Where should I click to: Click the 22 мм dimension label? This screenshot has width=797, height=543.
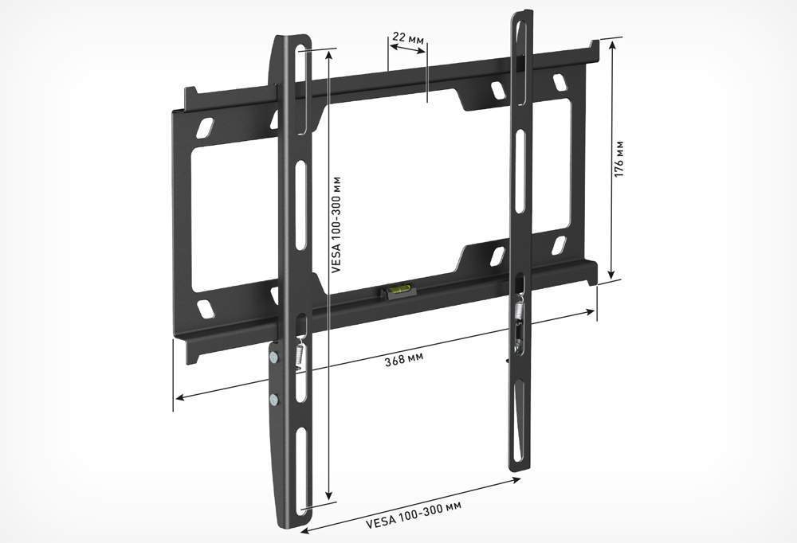point(407,37)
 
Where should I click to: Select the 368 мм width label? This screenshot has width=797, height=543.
point(404,358)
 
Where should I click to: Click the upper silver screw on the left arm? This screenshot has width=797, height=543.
point(274,357)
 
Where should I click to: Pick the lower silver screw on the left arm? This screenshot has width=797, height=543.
point(274,399)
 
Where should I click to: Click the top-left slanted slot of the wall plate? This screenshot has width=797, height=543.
point(206,126)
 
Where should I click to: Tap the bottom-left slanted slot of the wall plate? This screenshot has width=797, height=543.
point(206,309)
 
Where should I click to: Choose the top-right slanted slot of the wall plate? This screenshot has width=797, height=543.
point(559,81)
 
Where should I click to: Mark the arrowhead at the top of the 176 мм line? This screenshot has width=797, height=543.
point(611,43)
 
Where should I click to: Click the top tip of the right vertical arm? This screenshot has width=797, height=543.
point(522,13)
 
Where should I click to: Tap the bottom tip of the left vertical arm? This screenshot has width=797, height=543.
point(290,525)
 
